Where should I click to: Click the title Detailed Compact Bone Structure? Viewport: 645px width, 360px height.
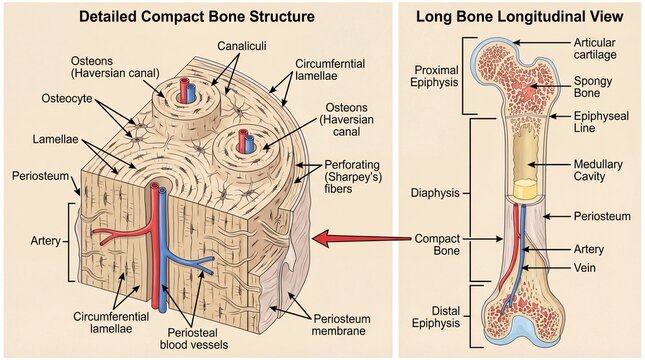(196, 17)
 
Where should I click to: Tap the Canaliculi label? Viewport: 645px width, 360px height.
(244, 47)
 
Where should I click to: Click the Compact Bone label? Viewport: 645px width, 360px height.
(441, 246)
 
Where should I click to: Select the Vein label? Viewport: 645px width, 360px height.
(586, 268)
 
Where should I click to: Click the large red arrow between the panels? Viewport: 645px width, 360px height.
(361, 238)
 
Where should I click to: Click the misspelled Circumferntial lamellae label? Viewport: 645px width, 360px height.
(329, 67)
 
